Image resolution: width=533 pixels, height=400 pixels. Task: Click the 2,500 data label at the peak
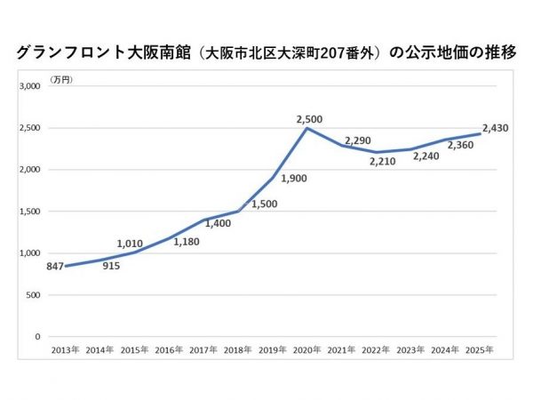310,118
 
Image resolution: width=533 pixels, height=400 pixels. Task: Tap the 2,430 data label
494,128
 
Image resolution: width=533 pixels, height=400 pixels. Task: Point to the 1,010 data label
131,242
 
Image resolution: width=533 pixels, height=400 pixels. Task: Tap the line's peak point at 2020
307,128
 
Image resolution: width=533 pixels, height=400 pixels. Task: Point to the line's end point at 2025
479,134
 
